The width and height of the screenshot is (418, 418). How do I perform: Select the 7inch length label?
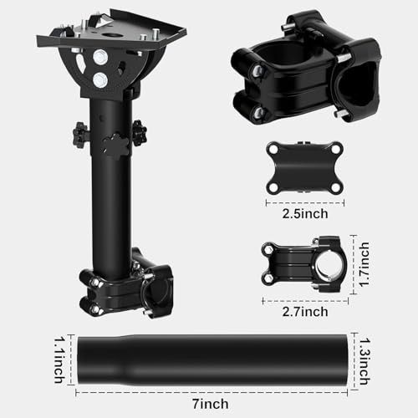pos(213,404)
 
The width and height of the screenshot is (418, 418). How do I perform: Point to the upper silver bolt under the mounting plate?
pos(100,58)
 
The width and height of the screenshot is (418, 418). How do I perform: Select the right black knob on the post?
pos(137,131)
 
